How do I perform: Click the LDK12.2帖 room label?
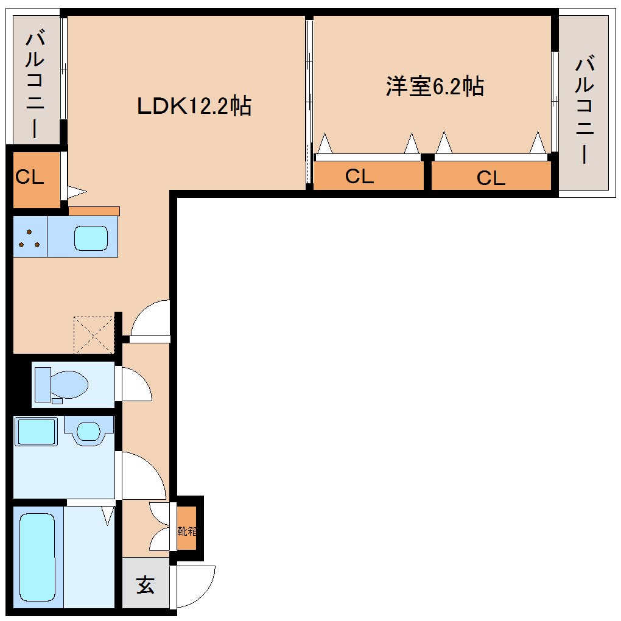(194, 106)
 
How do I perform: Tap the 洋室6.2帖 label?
(435, 86)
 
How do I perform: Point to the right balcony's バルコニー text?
(585, 110)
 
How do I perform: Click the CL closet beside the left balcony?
(30, 178)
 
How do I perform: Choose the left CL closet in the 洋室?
(360, 177)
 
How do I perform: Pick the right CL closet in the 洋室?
(491, 178)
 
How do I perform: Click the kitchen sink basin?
(91, 237)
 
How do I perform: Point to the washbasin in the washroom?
(88, 431)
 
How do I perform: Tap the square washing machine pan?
(36, 431)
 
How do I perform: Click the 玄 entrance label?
(145, 585)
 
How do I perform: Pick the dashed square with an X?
(94, 334)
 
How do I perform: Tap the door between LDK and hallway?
(150, 320)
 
